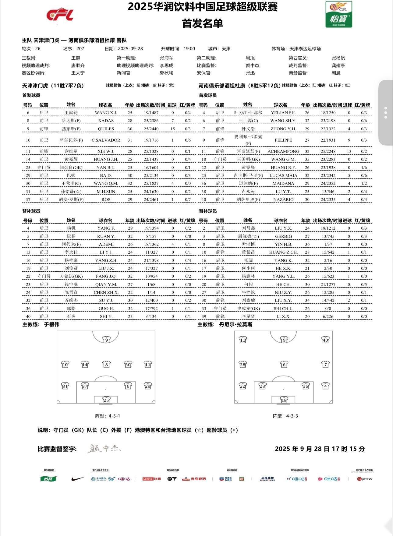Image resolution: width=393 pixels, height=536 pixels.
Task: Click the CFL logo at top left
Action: tap(60, 15)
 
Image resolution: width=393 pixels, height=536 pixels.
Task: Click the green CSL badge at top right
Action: tap(338, 14)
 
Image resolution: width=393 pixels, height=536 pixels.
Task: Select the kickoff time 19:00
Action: tap(189, 49)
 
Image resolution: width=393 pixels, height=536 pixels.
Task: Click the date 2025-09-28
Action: tap(130, 49)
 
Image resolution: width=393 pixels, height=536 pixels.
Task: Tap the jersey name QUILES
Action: tap(106, 129)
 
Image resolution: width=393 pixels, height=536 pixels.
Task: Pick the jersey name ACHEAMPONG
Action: tap(283, 151)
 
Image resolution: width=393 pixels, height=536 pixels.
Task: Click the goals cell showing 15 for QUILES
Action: tap(172, 129)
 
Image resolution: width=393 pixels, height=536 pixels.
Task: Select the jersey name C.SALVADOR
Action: tap(106, 140)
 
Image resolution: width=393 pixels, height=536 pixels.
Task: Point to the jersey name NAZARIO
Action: tap(283, 199)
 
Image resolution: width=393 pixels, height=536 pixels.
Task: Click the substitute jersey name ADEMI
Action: tap(106, 244)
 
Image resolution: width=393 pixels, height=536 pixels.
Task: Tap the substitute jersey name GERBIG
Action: tap(283, 236)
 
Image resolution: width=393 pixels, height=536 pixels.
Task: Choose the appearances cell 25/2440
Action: tap(151, 129)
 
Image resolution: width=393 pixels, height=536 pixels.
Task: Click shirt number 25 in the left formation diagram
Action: tap(106, 400)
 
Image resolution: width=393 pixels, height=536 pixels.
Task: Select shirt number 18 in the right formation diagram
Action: tap(284, 400)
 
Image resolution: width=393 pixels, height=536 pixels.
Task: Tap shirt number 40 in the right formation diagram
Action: tap(325, 340)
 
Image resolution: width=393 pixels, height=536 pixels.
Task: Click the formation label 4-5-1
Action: tap(108, 416)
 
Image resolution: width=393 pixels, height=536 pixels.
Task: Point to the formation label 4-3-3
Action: tap(285, 416)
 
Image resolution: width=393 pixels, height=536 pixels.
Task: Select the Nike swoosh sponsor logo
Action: tap(77, 479)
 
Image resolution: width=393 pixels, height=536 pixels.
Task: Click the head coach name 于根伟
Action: tap(51, 325)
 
